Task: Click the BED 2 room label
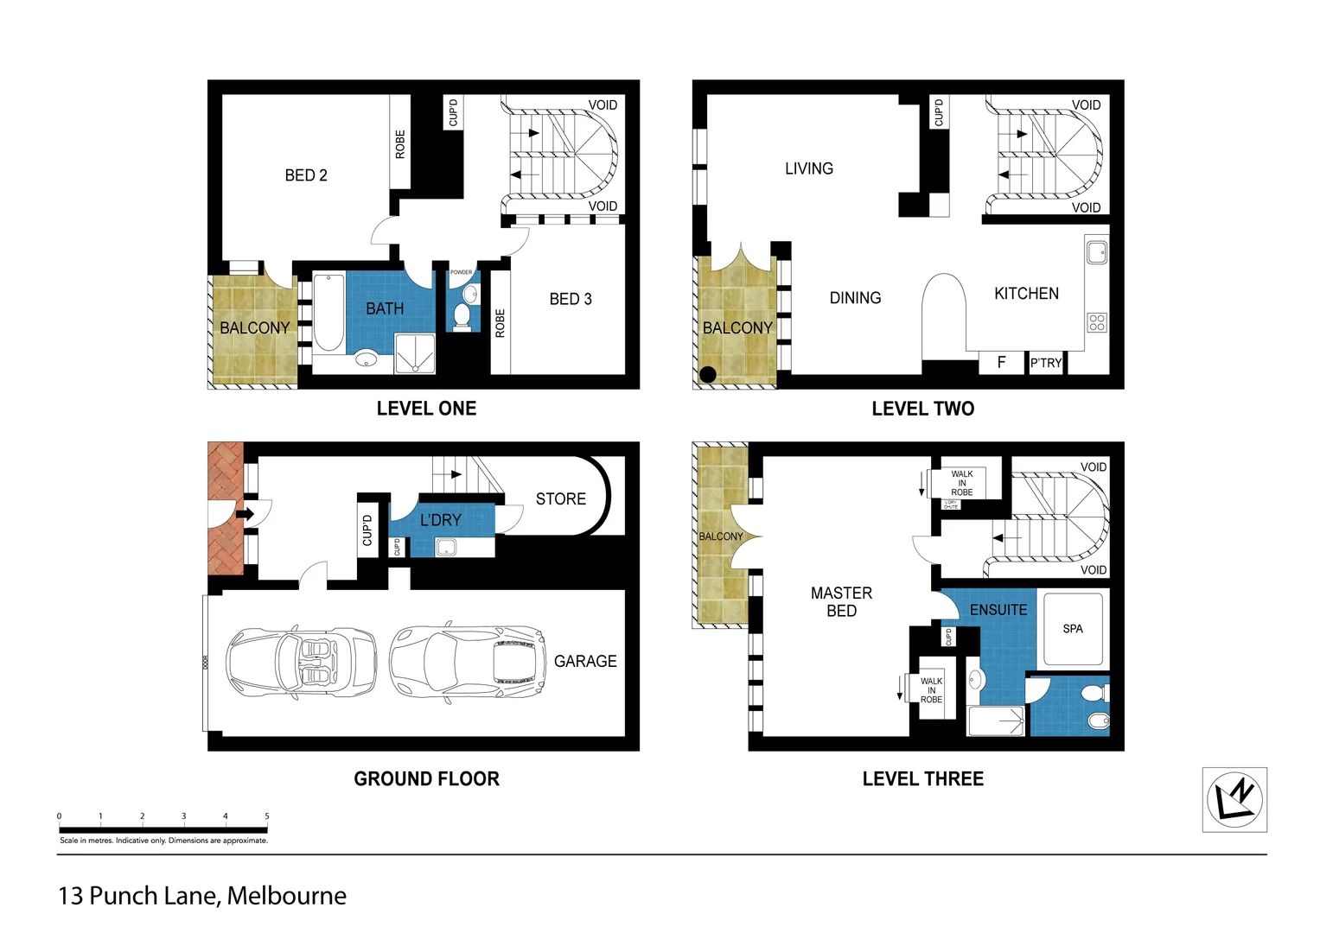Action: pyautogui.click(x=306, y=175)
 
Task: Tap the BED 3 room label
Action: pyautogui.click(x=571, y=299)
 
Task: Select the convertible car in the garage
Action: pyautogui.click(x=301, y=661)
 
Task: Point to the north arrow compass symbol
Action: pyautogui.click(x=1234, y=799)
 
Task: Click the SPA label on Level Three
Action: pyautogui.click(x=1073, y=629)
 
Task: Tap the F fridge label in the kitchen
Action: pyautogui.click(x=1001, y=363)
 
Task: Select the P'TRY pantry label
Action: pyautogui.click(x=1046, y=363)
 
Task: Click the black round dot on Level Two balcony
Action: pyautogui.click(x=707, y=375)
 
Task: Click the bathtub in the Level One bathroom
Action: pyautogui.click(x=328, y=313)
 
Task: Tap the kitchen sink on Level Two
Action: pyautogui.click(x=1097, y=252)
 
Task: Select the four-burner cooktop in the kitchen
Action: pyautogui.click(x=1097, y=322)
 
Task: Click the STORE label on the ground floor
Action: pyautogui.click(x=560, y=498)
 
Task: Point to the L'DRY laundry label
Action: pyautogui.click(x=441, y=520)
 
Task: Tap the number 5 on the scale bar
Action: pyautogui.click(x=266, y=816)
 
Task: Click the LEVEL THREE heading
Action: pyautogui.click(x=922, y=779)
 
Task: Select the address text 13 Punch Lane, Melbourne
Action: pyautogui.click(x=202, y=896)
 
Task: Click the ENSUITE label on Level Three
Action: pyautogui.click(x=998, y=610)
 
